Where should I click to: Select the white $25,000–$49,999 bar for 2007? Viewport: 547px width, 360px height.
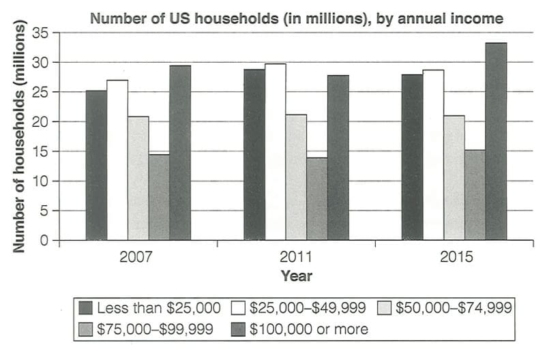click(117, 160)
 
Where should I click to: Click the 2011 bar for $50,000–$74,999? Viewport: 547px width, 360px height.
click(296, 177)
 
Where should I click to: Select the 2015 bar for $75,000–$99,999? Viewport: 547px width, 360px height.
click(475, 195)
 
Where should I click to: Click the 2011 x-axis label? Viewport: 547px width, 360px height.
click(296, 258)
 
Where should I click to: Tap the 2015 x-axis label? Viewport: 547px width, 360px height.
click(454, 258)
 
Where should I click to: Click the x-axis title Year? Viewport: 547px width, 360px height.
click(296, 276)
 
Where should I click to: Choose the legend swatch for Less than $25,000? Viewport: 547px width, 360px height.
click(87, 307)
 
